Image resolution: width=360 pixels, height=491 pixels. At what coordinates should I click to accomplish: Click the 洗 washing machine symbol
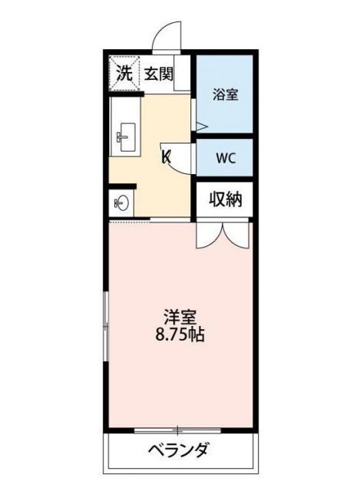pyautogui.click(x=124, y=74)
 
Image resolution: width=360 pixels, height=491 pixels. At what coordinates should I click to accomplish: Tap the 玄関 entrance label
pyautogui.click(x=157, y=74)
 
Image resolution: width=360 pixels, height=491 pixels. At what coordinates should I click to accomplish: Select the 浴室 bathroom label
pyautogui.click(x=225, y=95)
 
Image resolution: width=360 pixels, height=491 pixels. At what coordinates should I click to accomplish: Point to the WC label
pyautogui.click(x=225, y=159)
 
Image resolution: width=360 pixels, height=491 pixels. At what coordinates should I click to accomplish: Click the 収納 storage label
pyautogui.click(x=226, y=200)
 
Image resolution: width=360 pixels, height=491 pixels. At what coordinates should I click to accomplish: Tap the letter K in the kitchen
pyautogui.click(x=165, y=159)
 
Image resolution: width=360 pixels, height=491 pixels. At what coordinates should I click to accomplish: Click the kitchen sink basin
pyautogui.click(x=125, y=137)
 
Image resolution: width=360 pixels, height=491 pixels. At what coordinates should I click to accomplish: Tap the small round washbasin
pyautogui.click(x=121, y=203)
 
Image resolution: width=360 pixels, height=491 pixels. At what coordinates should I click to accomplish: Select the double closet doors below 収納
pyautogui.click(x=223, y=234)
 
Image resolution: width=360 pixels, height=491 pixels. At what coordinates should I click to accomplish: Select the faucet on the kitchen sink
pyautogui.click(x=120, y=137)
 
